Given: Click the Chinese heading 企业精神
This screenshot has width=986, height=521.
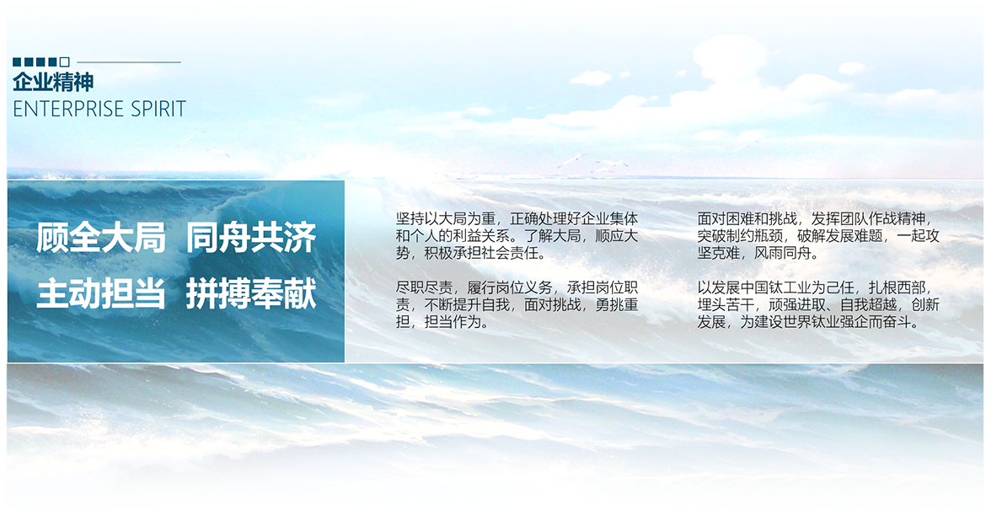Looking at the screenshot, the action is tap(53, 82).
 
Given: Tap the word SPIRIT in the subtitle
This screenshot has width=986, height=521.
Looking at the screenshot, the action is tap(150, 109).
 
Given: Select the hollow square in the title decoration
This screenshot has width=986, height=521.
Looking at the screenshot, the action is tap(64, 62).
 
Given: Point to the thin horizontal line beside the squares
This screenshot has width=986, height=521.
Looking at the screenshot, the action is tap(128, 62).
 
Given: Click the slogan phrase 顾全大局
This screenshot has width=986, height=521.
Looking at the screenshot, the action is tap(100, 238).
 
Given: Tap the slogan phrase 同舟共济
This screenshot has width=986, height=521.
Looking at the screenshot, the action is tap(251, 238).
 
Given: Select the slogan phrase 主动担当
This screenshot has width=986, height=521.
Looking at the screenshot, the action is tap(100, 294).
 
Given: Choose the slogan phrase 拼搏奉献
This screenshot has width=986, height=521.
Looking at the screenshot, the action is tap(251, 294).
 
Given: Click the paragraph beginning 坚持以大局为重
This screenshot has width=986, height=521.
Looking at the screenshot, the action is tap(517, 236).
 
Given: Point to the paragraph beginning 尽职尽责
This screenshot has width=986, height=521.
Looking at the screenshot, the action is tap(517, 304).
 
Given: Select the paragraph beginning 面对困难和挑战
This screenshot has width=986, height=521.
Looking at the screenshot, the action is tap(818, 236).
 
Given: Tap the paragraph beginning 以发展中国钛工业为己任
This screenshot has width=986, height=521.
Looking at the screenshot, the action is tap(818, 304).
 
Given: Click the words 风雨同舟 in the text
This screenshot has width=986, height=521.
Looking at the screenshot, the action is tap(783, 254).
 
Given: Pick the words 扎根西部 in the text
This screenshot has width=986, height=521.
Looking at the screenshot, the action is tap(898, 287).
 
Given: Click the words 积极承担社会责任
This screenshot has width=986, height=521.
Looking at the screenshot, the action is tap(482, 254).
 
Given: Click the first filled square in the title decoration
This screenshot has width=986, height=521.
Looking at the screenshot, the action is tap(17, 62).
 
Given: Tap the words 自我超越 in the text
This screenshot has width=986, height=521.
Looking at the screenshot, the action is tap(868, 304).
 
